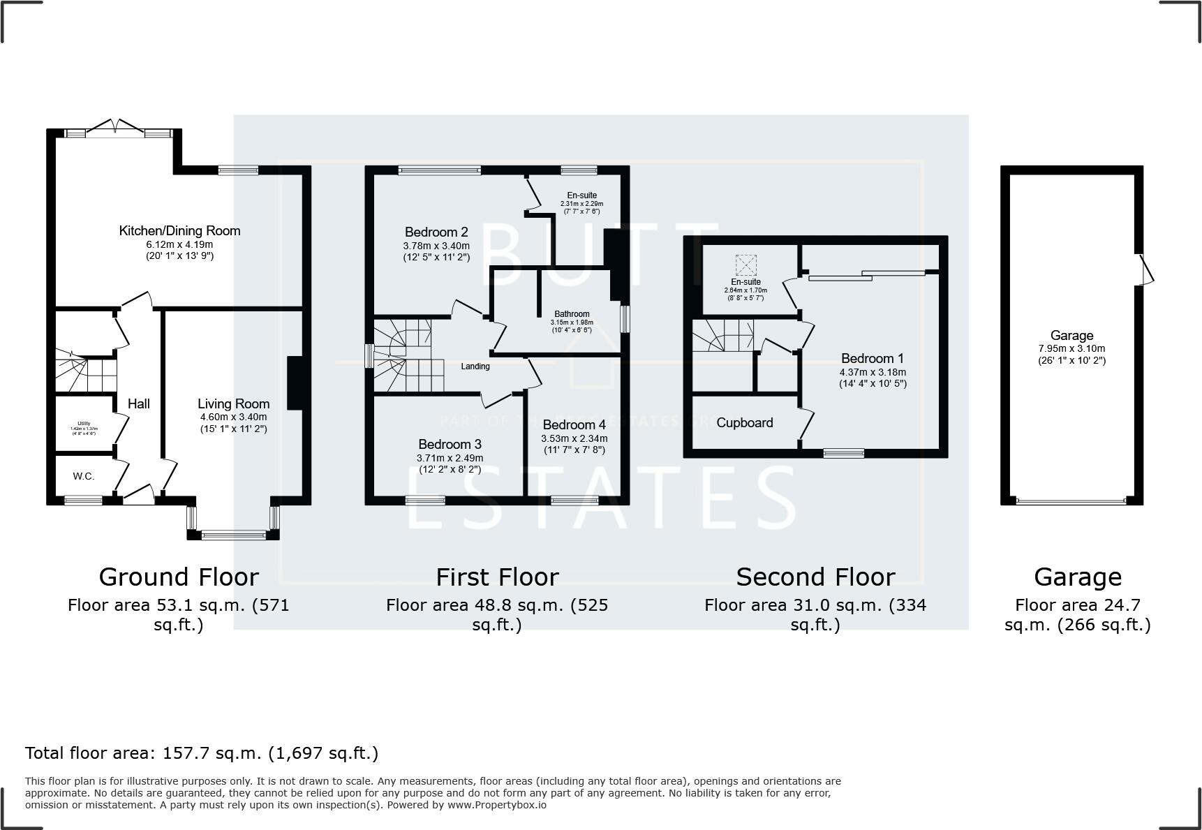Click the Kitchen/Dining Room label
click(x=179, y=231)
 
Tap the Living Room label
click(x=233, y=403)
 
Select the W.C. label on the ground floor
click(x=84, y=476)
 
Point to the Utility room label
click(x=84, y=423)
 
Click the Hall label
click(x=139, y=403)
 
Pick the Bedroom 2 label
click(x=436, y=232)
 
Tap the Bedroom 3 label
click(x=450, y=445)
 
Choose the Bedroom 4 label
click(x=574, y=425)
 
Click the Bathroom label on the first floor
click(x=572, y=314)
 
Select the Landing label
click(x=475, y=366)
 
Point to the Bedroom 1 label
click(x=873, y=359)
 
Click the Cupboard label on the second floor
click(x=745, y=423)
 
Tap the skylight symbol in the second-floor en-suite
click(x=745, y=265)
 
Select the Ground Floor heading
click(x=179, y=577)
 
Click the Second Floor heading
click(x=815, y=577)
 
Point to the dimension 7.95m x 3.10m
click(x=1071, y=349)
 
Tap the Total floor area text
click(x=202, y=753)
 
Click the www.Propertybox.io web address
click(x=497, y=805)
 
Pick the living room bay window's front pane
click(x=234, y=536)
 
